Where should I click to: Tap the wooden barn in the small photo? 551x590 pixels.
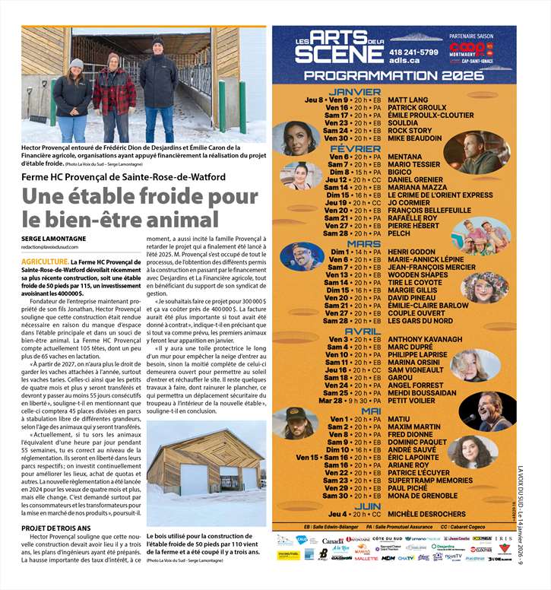click(205, 465)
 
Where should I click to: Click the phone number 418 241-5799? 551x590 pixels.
click(413, 52)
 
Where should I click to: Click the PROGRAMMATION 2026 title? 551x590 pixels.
click(394, 76)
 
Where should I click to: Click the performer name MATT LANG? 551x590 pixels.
click(408, 100)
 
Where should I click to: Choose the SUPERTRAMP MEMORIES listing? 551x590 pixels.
click(430, 480)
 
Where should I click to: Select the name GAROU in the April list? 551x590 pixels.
click(401, 377)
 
